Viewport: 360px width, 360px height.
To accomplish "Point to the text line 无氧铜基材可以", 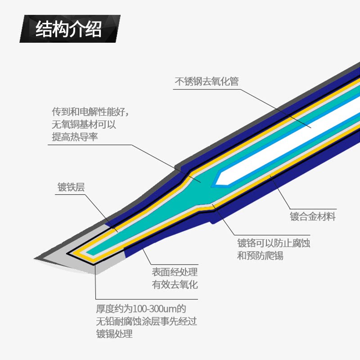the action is click(84, 124).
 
